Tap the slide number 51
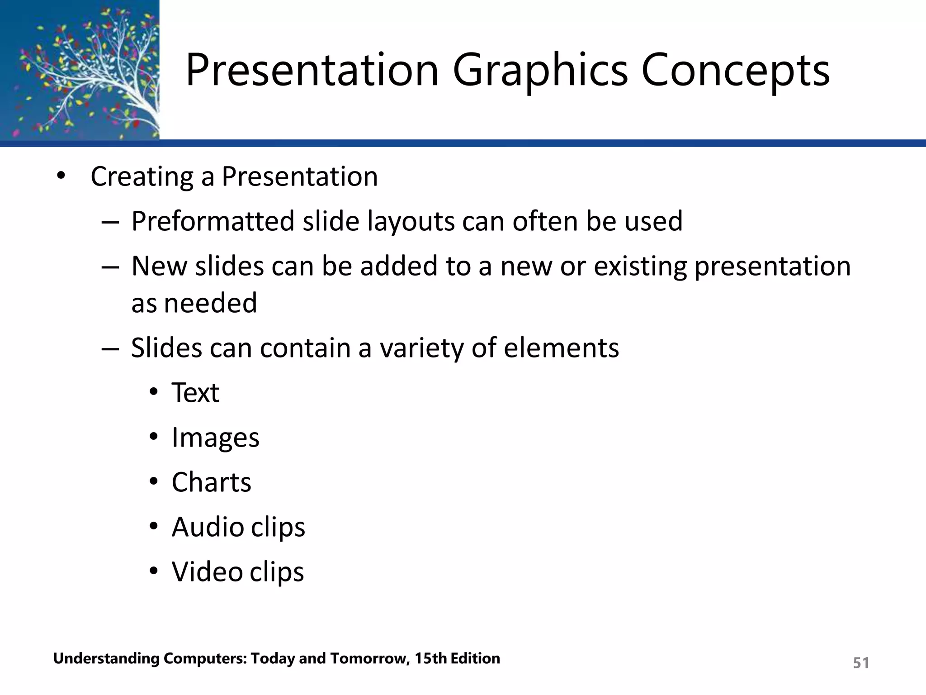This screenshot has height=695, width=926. (x=860, y=663)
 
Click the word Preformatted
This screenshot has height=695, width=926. (x=213, y=222)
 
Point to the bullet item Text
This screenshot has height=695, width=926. (x=195, y=393)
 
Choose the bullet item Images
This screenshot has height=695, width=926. (x=215, y=438)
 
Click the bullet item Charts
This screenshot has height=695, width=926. (x=211, y=482)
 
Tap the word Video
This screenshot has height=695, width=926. (x=207, y=572)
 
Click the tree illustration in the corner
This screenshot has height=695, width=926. (x=80, y=70)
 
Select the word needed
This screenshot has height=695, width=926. (x=210, y=303)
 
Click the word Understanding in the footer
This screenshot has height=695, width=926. (x=106, y=659)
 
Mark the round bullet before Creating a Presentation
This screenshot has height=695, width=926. (x=61, y=176)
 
